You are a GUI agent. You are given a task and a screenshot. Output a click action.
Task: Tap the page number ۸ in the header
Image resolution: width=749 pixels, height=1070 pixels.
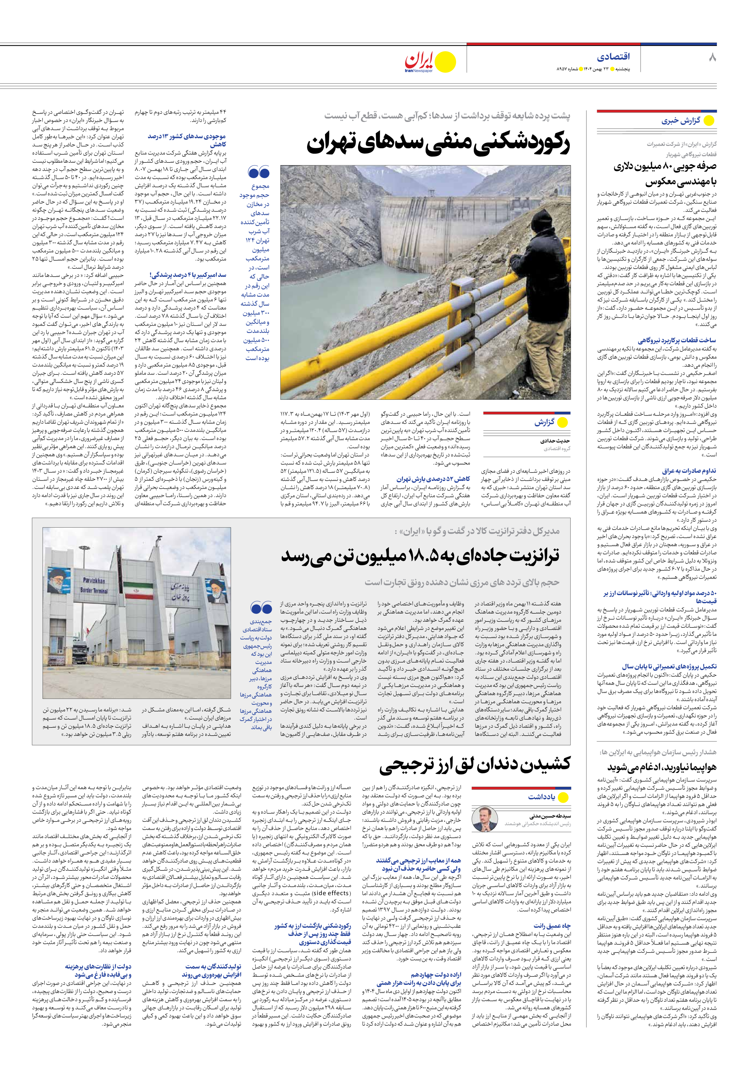[x=712, y=58]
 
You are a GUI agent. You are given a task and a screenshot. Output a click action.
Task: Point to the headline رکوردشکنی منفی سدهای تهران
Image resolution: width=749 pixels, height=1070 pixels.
[x=438, y=145]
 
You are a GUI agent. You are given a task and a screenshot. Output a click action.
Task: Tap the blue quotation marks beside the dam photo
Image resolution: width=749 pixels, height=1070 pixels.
[x=259, y=172]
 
